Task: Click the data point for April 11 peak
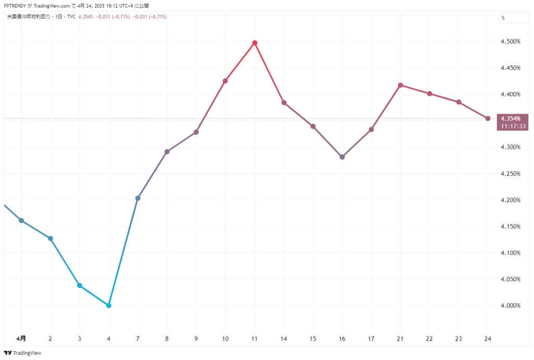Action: click(254, 43)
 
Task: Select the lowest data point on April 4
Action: click(108, 305)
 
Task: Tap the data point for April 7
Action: click(138, 198)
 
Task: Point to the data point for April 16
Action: click(342, 157)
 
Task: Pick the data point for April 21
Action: click(400, 85)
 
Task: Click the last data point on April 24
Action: click(488, 118)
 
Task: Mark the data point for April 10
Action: click(225, 81)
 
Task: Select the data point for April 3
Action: click(79, 285)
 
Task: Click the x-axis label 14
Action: click(284, 339)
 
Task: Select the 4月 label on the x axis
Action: click(21, 339)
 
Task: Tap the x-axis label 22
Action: click(430, 339)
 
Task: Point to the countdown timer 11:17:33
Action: click(514, 126)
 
